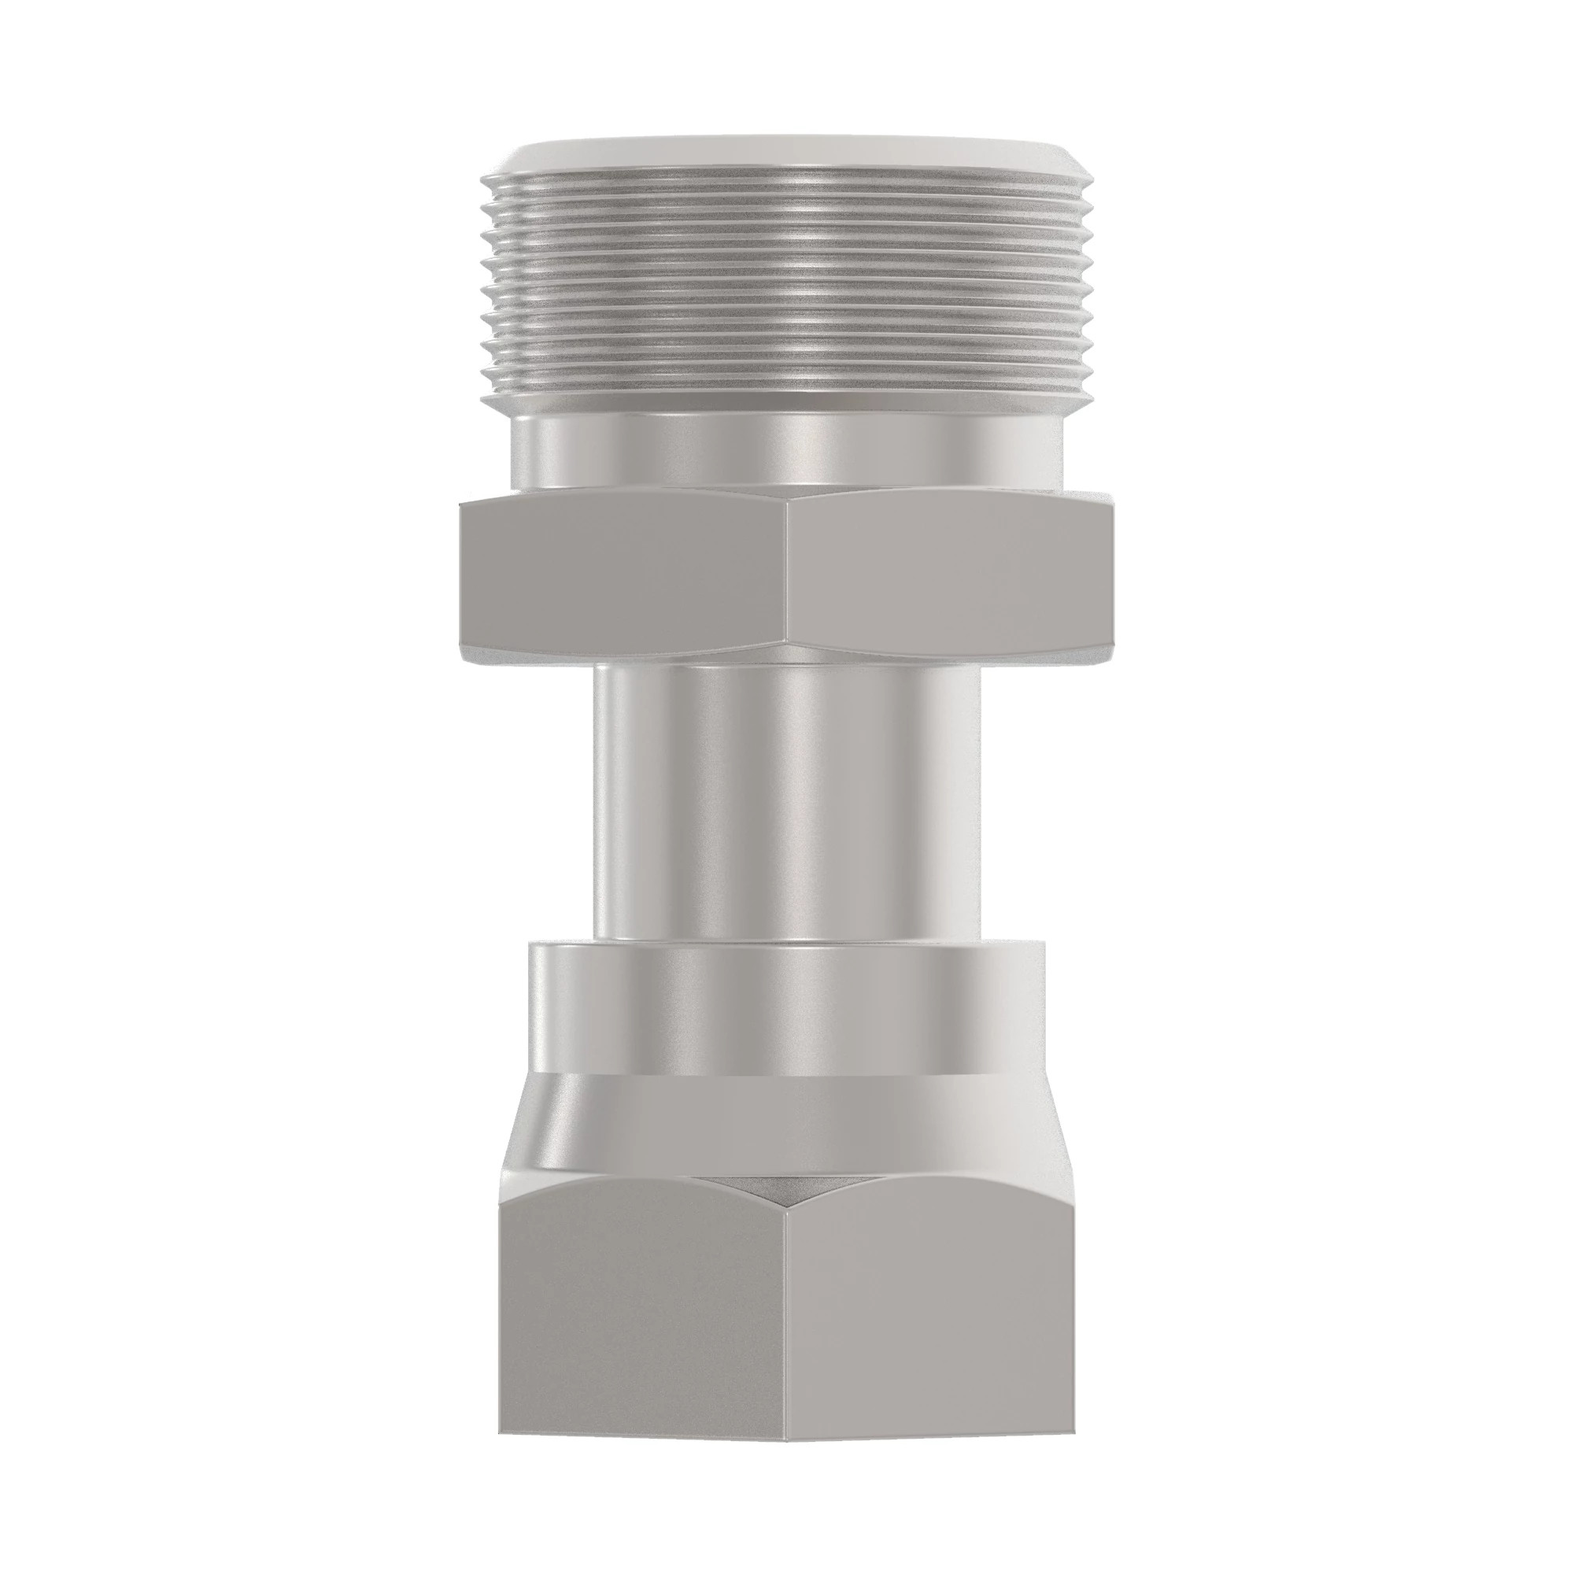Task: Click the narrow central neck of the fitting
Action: (x=786, y=803)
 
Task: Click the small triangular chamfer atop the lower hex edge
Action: (x=786, y=1189)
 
